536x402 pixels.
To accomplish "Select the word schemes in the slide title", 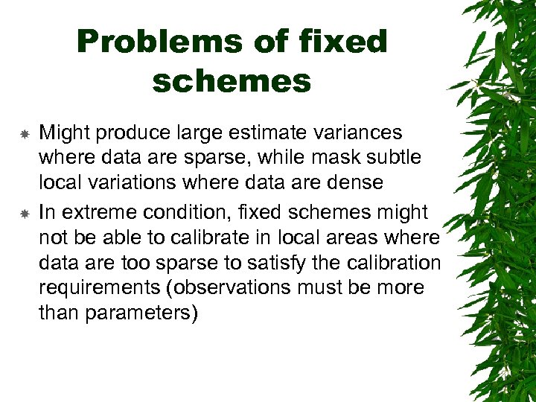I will tap(232, 81).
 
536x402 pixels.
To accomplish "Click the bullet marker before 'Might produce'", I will tap(24, 135).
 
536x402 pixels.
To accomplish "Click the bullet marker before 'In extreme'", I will tap(24, 214).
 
